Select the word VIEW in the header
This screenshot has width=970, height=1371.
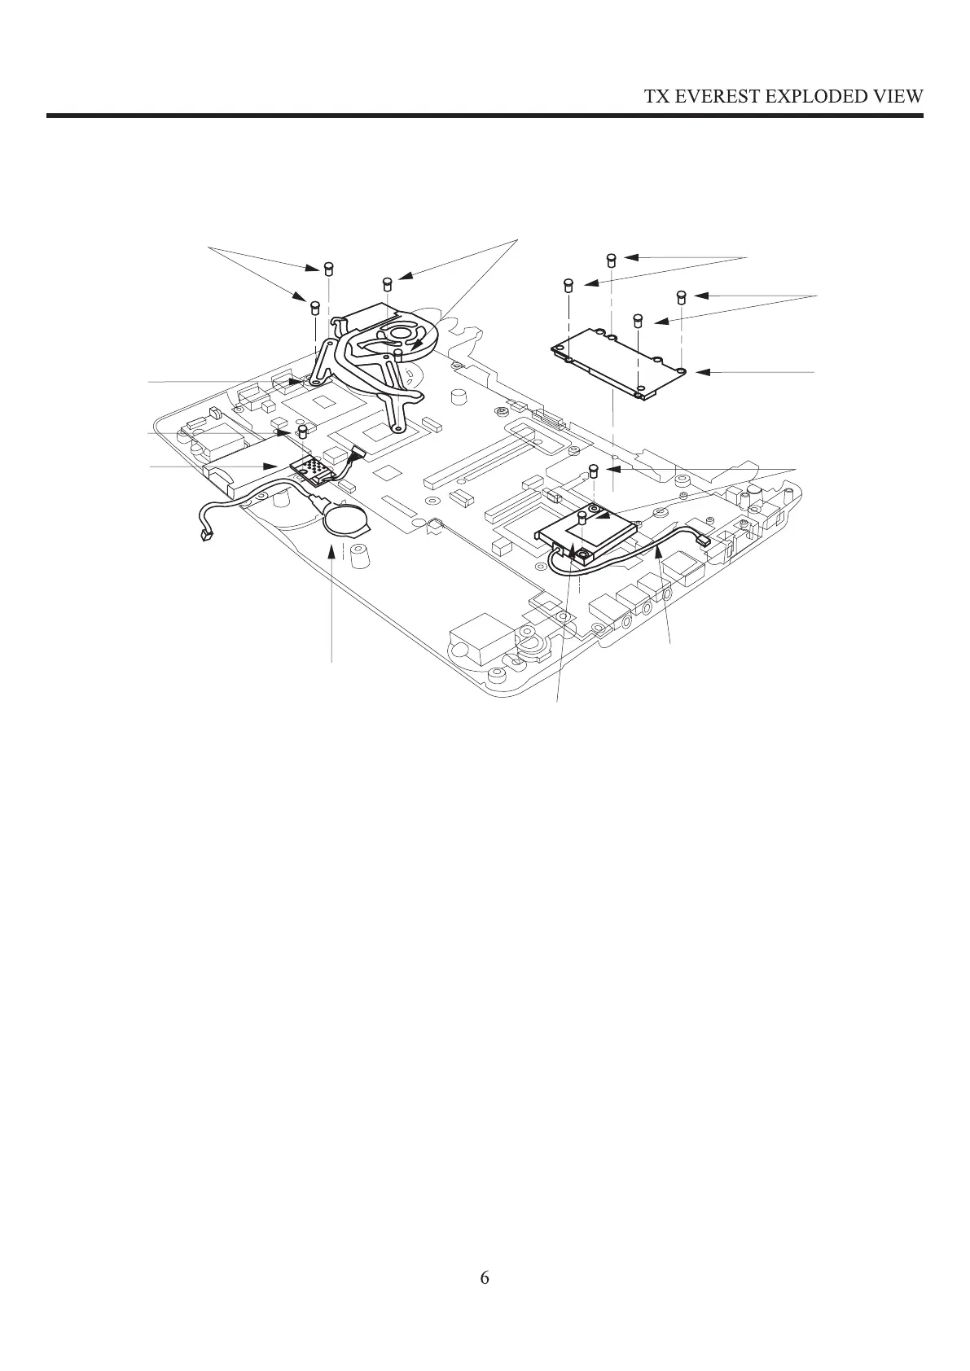point(898,96)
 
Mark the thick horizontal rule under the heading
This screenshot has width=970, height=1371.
point(485,116)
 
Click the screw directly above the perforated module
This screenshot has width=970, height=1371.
point(303,429)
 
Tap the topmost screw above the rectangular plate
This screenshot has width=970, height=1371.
point(611,261)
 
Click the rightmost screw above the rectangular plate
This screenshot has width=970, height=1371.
point(682,296)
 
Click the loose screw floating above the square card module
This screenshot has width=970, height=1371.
point(595,470)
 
